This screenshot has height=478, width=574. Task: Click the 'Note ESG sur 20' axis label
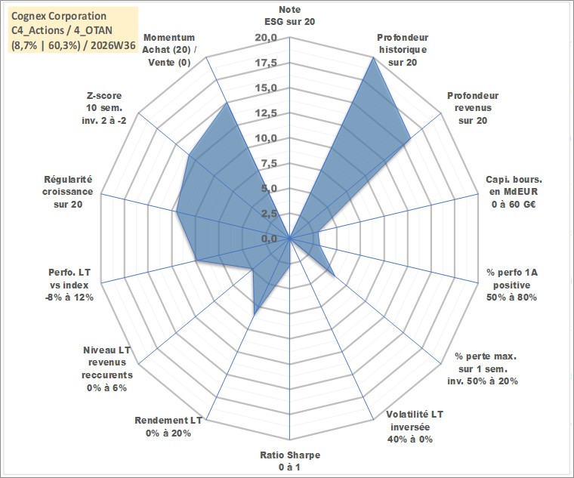289,15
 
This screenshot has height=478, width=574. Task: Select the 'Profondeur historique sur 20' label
403,50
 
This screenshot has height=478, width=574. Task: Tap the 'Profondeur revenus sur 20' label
473,108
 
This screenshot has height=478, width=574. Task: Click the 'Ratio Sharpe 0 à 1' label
290,461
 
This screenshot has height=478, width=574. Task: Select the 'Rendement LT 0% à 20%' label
168,427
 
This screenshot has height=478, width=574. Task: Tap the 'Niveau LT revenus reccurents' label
107,369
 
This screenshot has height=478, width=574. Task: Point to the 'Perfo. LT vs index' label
69,285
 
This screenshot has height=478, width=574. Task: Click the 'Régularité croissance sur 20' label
68,192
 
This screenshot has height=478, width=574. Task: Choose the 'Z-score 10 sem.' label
104,108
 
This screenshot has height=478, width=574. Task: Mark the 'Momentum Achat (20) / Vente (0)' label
169,50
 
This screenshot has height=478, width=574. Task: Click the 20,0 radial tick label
266,38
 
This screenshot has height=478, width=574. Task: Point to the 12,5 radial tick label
266,113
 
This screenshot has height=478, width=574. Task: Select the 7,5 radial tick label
270,164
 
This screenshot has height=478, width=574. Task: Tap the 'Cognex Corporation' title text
59,16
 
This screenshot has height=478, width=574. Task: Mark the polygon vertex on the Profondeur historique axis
373,57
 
